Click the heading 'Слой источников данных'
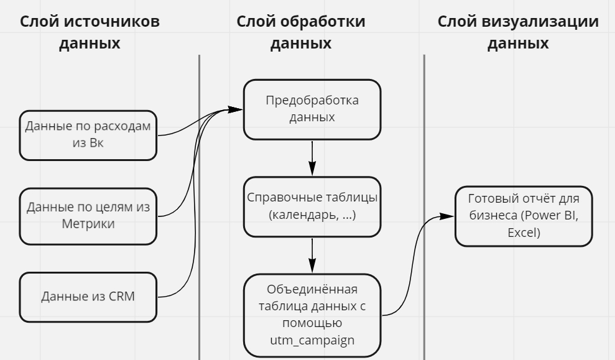pos(90,32)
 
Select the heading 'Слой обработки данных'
pos(301,32)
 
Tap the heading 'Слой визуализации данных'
pos(518,32)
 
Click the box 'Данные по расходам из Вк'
pos(87,136)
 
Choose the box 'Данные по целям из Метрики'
pos(87,215)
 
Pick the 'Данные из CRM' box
pos(87,297)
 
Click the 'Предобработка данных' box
pos(312,109)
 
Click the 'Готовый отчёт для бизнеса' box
pos(522,216)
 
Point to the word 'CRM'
pos(121,297)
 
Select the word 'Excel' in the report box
pos(522,233)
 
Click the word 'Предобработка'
pos(312,100)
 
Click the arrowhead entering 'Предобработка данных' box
pos(235,109)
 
